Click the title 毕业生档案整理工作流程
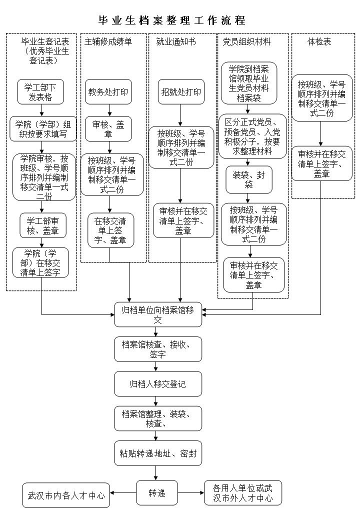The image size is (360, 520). (171, 20)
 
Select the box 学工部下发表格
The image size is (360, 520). (41, 91)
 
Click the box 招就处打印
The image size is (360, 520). (181, 92)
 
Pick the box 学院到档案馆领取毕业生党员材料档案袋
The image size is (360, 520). (248, 83)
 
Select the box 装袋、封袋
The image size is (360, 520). (248, 179)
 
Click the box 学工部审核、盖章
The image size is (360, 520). (42, 225)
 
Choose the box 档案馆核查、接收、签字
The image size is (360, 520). (158, 349)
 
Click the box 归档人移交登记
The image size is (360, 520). (158, 384)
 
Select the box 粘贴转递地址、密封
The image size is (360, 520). (158, 453)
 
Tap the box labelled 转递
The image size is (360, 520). (157, 493)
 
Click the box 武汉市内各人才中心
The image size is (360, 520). (66, 495)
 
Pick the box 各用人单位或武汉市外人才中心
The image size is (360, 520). (242, 493)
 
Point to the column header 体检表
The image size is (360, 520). (319, 42)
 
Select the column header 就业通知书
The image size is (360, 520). (176, 42)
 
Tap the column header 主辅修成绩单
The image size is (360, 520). (108, 42)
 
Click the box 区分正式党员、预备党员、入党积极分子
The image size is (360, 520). (248, 136)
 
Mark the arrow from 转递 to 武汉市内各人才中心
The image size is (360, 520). (123, 493)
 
